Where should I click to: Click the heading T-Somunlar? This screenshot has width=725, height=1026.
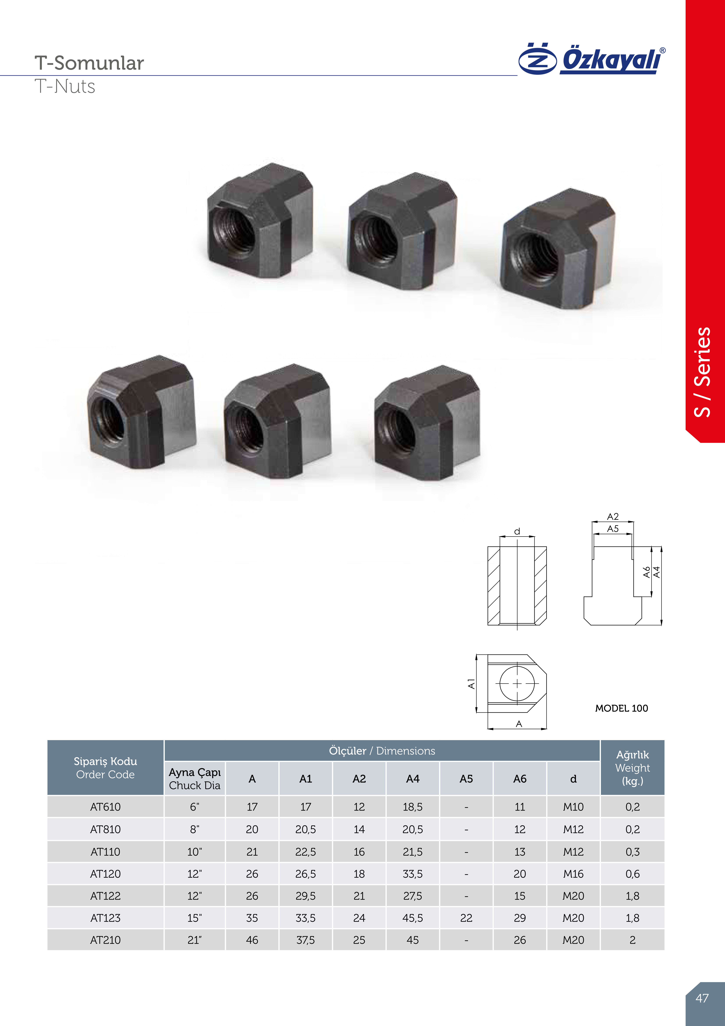89,63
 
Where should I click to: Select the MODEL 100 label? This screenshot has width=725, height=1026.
621,708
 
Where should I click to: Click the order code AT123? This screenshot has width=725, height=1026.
105,918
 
